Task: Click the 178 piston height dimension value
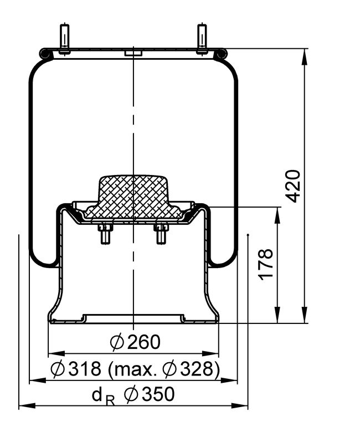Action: [x=266, y=265]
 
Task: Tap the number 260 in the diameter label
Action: [x=143, y=342]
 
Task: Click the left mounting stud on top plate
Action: [x=64, y=39]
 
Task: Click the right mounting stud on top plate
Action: [x=202, y=39]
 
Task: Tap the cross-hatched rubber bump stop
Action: [x=133, y=197]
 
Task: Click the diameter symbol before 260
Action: [x=117, y=342]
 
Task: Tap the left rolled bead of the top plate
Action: [x=44, y=53]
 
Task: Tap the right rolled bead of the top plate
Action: [x=222, y=53]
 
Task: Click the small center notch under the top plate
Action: [x=133, y=54]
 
